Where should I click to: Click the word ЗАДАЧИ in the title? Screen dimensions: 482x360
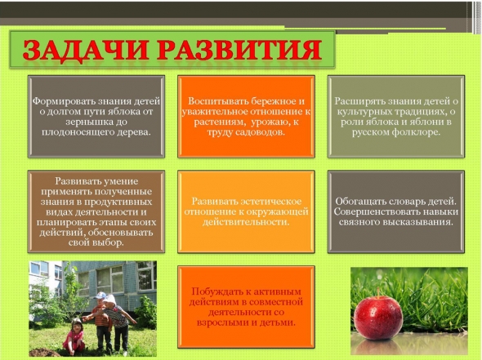(x=84, y=51)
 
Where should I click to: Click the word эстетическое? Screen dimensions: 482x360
(x=270, y=202)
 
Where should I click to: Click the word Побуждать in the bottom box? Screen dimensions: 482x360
(x=216, y=291)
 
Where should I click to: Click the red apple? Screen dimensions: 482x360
(x=377, y=318)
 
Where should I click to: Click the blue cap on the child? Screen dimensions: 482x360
(x=100, y=296)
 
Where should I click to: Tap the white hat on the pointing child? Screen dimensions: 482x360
(x=110, y=300)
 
